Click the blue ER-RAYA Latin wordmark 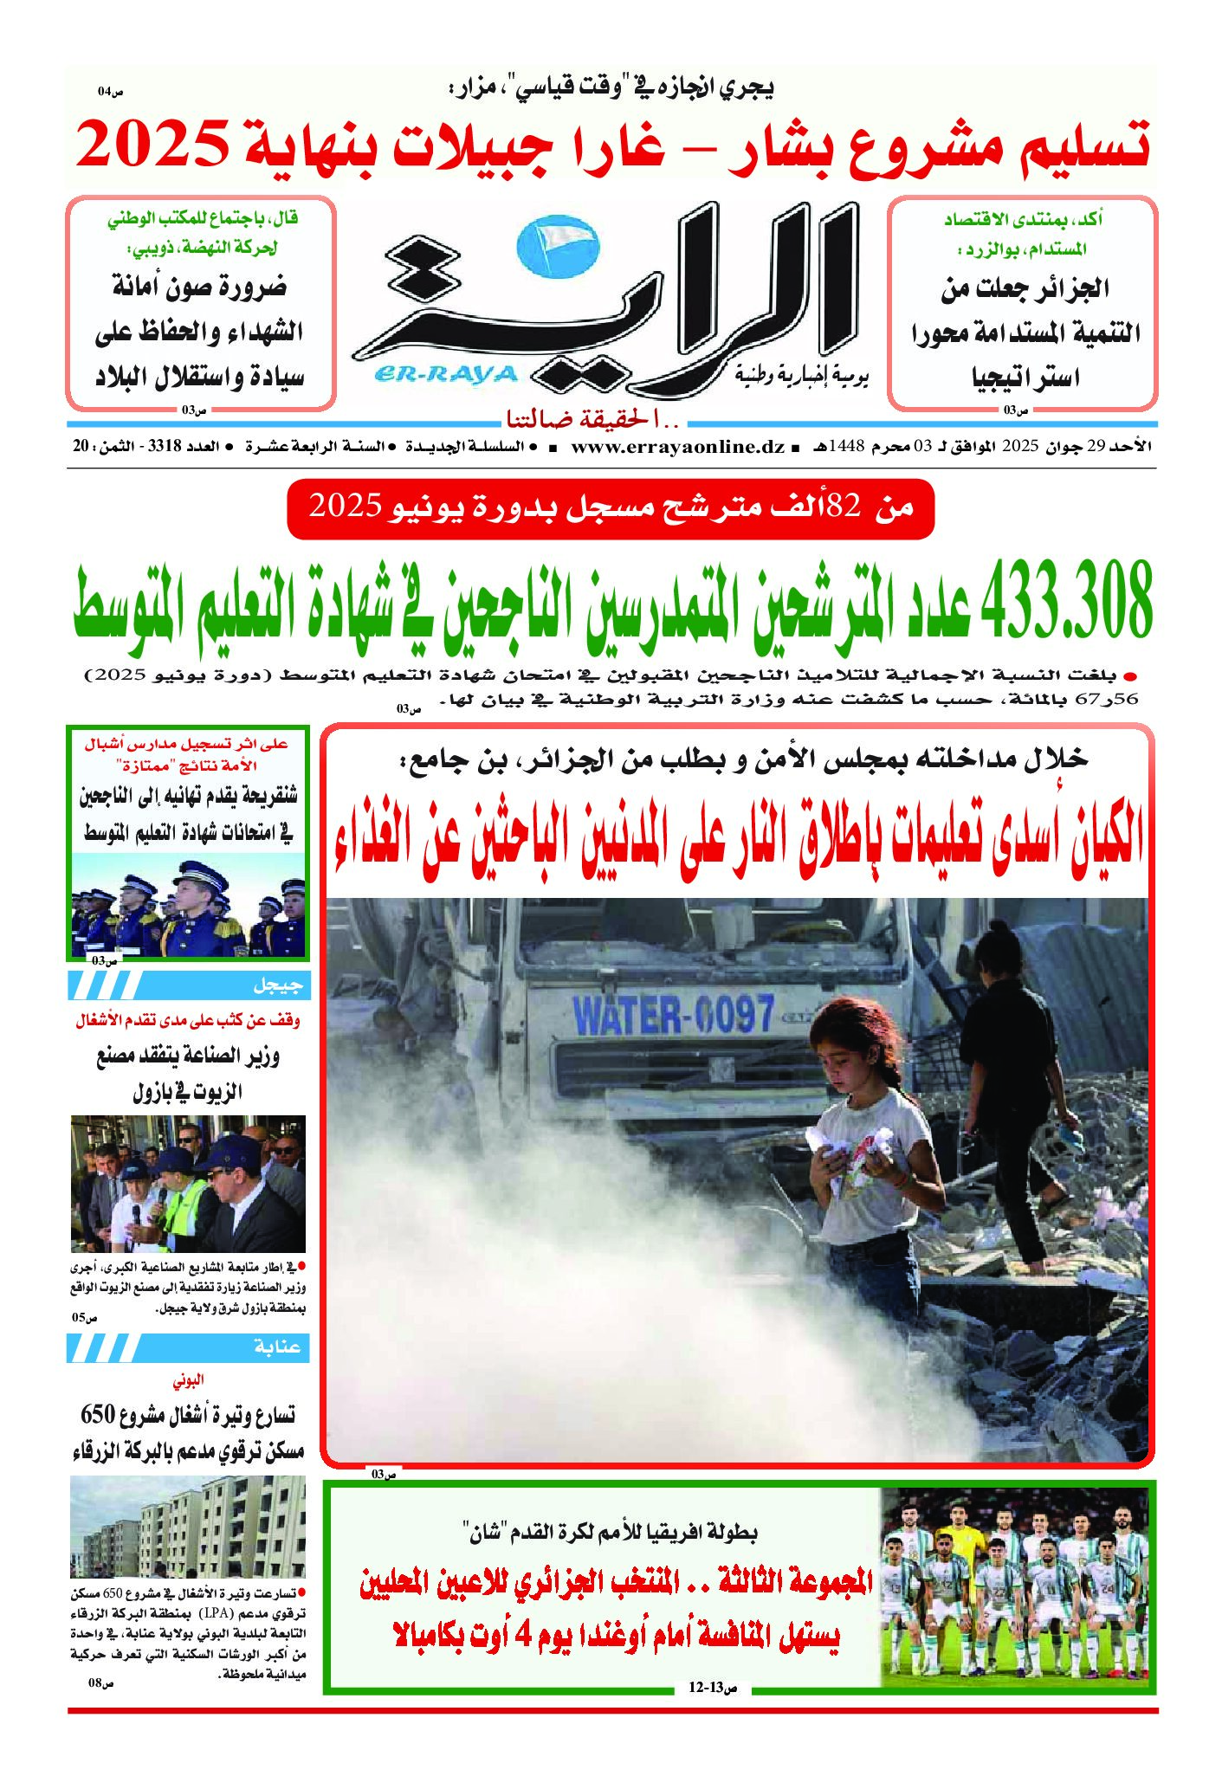(x=446, y=374)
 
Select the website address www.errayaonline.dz (x=677, y=448)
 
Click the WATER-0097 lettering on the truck (x=673, y=1014)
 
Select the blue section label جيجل (x=276, y=985)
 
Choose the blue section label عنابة (x=276, y=1347)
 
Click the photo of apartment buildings (x=188, y=1527)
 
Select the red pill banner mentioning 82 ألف (x=611, y=508)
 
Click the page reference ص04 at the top (x=111, y=91)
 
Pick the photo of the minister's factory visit (x=188, y=1183)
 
